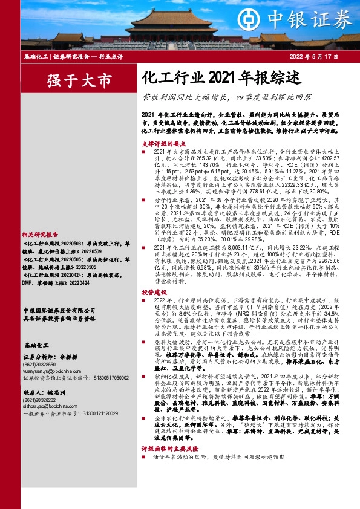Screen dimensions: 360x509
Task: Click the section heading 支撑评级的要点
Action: [161, 144]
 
